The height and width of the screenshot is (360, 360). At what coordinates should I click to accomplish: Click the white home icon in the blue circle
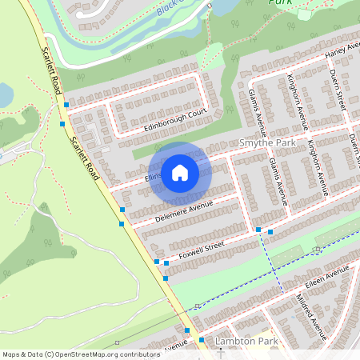click(x=180, y=173)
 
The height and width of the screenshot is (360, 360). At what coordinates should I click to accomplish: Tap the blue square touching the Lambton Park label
click(x=202, y=340)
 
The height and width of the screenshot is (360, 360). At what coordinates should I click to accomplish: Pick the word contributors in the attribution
click(x=136, y=354)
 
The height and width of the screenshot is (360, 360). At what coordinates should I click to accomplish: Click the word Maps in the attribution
click(x=11, y=354)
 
